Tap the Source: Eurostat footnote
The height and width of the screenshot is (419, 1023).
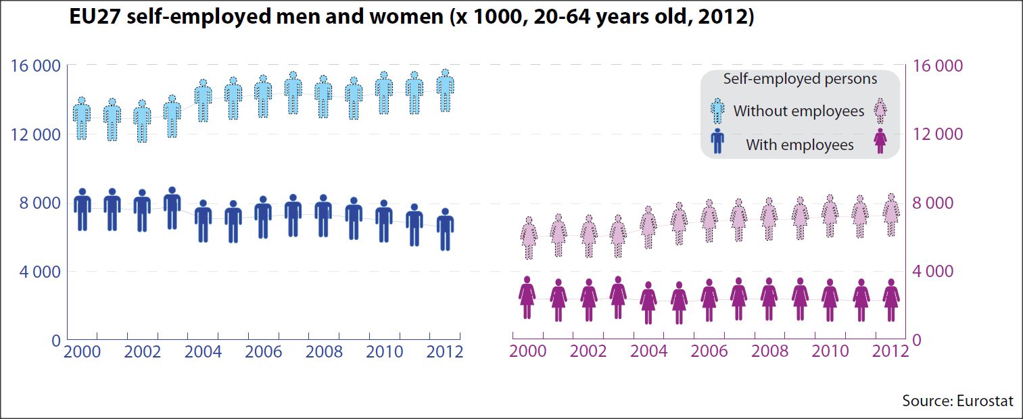pos(957,401)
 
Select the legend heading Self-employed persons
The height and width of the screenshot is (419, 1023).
pos(800,79)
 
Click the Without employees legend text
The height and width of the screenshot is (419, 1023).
pos(799,111)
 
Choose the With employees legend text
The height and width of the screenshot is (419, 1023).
pos(799,145)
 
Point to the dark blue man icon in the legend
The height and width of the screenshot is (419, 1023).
pos(717,141)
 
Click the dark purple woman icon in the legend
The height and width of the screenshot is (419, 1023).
pos(880,141)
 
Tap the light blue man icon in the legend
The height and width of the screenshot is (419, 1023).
pos(717,109)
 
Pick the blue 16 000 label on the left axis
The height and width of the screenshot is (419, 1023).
pos(35,66)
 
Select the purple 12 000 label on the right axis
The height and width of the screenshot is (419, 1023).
pos(937,134)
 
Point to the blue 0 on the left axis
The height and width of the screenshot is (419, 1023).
pos(55,341)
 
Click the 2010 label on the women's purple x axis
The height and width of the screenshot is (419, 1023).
pos(830,351)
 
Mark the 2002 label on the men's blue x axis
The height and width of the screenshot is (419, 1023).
pos(143,353)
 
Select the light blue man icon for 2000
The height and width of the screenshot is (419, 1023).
pos(82,119)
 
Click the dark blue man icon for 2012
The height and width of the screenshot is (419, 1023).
pos(445,230)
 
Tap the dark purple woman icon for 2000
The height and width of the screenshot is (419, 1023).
pos(527,297)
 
